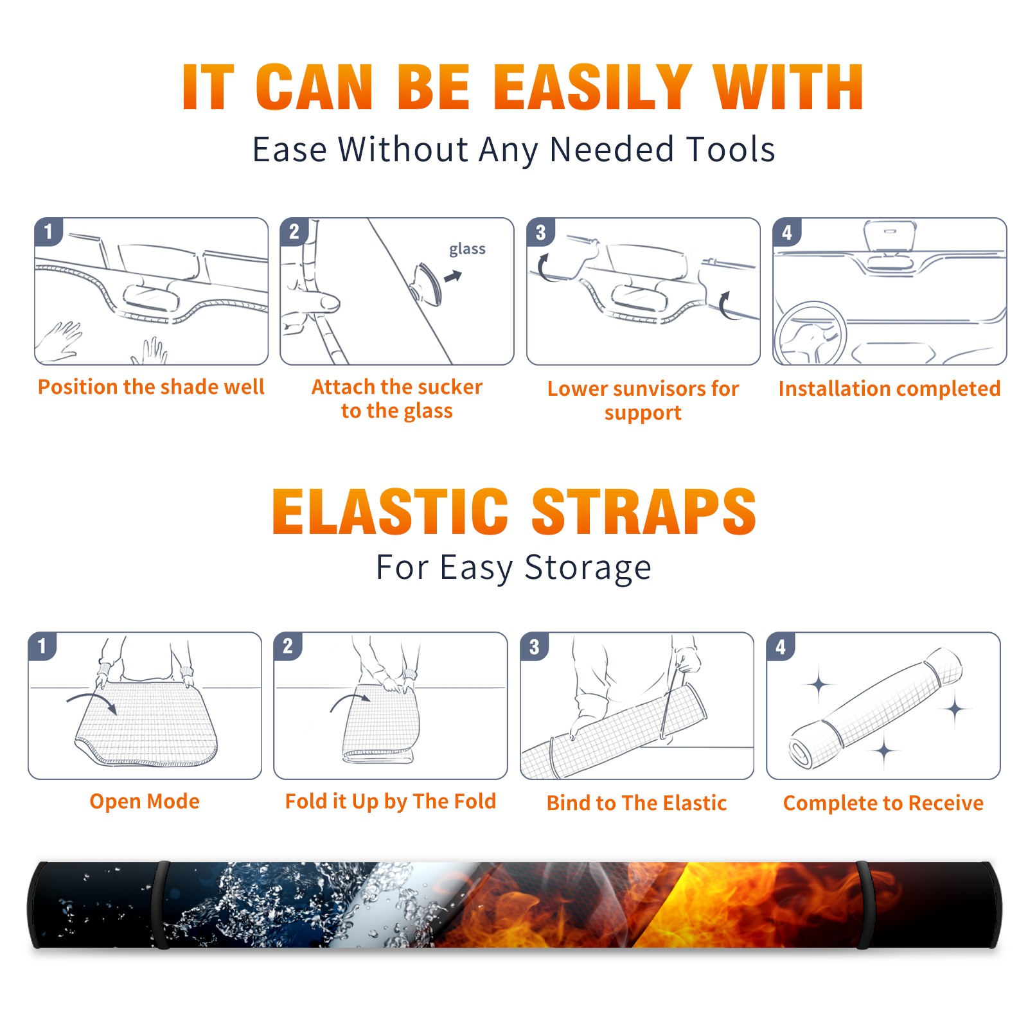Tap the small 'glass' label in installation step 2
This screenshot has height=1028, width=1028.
(x=467, y=249)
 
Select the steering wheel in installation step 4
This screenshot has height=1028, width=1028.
(x=810, y=334)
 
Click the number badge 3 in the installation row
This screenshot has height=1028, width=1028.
(x=540, y=232)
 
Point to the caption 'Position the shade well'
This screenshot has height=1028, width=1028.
(x=151, y=387)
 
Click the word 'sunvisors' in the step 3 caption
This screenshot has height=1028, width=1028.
(x=650, y=389)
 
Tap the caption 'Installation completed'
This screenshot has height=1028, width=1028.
(x=889, y=389)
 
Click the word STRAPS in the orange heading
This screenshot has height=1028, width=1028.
(x=644, y=511)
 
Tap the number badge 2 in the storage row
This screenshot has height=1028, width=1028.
(x=288, y=646)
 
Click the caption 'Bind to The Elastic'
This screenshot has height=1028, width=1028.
(x=637, y=803)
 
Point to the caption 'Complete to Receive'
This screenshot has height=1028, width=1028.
(x=883, y=803)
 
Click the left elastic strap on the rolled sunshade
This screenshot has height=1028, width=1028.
(x=161, y=905)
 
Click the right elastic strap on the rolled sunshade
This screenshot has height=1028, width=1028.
(x=864, y=905)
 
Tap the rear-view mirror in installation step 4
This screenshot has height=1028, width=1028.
(x=889, y=236)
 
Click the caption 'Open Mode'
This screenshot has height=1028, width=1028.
(x=145, y=801)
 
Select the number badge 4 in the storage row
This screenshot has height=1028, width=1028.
(x=781, y=646)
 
